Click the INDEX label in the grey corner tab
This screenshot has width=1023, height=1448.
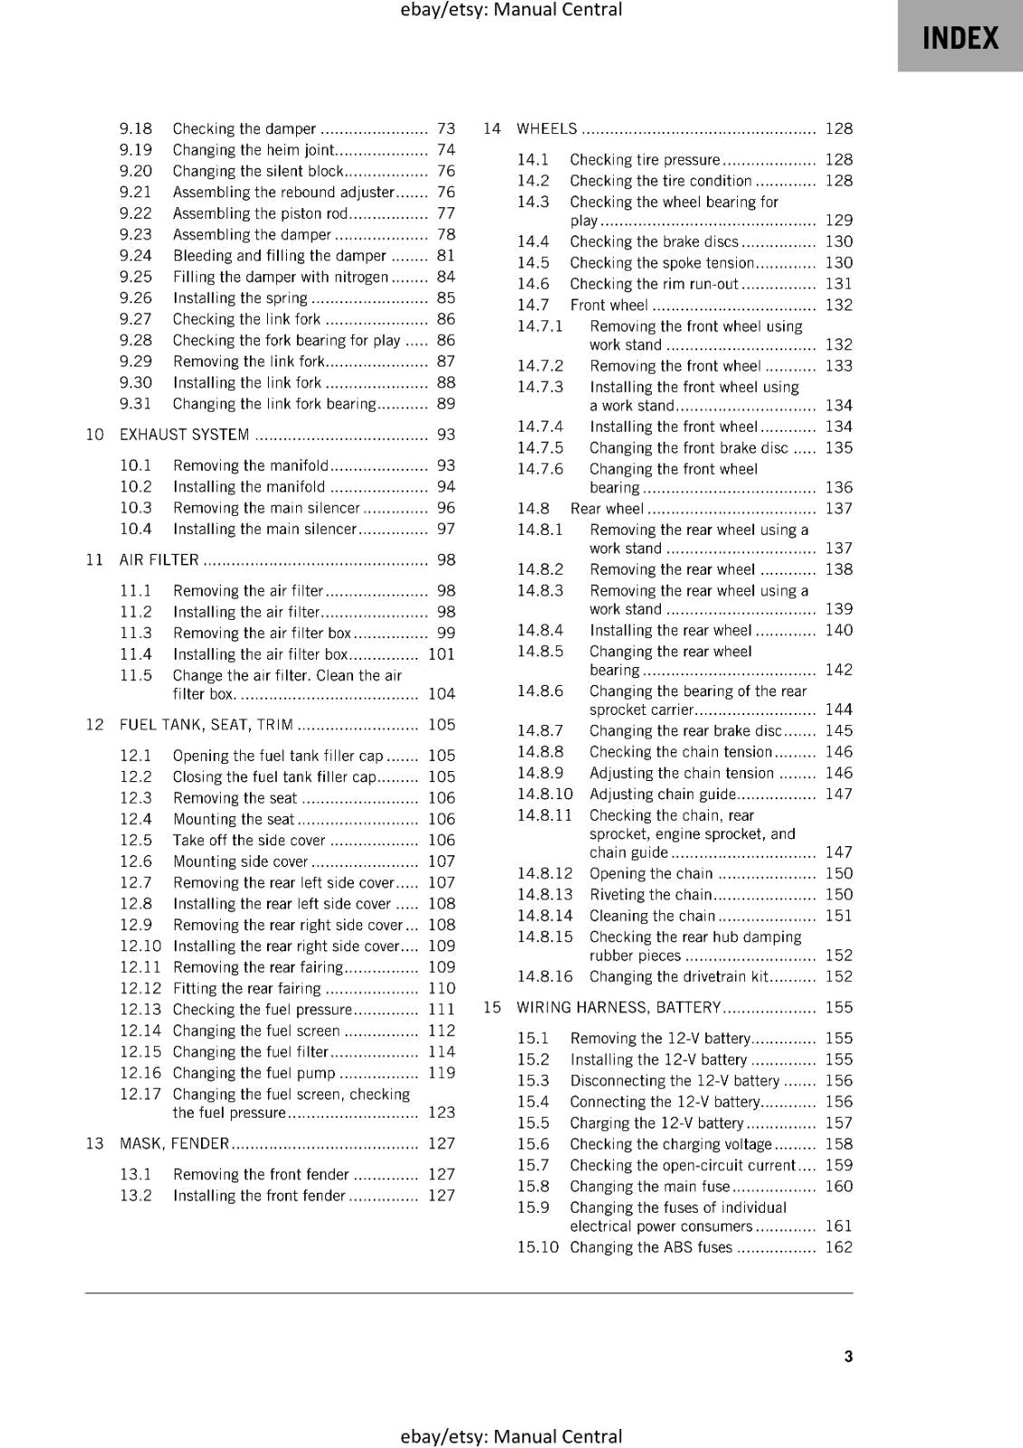click(x=961, y=38)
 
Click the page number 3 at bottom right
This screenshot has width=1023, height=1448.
click(x=848, y=1356)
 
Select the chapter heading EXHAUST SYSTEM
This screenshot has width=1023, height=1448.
click(x=185, y=434)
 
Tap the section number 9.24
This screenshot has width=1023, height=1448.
click(x=136, y=255)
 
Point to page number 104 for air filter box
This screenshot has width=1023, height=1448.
click(x=441, y=694)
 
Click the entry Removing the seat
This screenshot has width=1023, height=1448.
click(x=234, y=797)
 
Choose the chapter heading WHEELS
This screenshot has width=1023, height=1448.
click(x=546, y=129)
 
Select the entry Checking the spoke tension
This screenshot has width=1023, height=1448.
click(x=661, y=262)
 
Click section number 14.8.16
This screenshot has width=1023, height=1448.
click(x=545, y=976)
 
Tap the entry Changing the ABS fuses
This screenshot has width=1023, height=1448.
click(x=650, y=1247)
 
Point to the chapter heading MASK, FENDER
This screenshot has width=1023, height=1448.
click(x=174, y=1143)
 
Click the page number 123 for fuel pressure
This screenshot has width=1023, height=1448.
click(x=441, y=1112)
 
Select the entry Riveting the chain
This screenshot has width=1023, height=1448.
click(x=650, y=894)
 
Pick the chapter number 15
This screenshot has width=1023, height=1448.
click(x=492, y=1007)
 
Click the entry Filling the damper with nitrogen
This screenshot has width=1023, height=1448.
click(x=280, y=277)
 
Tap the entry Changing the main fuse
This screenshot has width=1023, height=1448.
click(x=649, y=1186)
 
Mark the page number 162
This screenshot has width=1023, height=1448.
click(x=838, y=1247)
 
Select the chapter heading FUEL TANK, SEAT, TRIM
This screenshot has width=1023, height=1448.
click(x=206, y=724)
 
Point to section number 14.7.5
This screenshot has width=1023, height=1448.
click(x=540, y=448)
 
